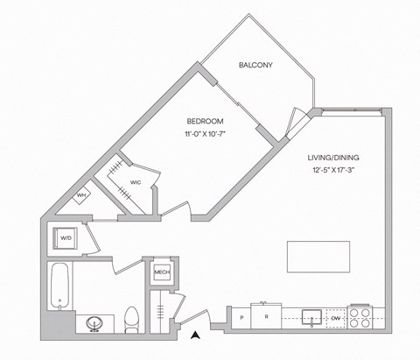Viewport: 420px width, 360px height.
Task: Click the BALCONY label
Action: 256,65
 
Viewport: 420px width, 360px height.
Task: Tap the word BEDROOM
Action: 204,121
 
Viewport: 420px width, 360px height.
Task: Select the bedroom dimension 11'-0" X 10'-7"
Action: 204,135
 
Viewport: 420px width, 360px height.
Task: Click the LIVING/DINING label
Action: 333,158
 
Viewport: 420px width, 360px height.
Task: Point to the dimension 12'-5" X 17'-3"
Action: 333,172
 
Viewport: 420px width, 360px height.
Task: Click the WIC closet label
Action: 136,182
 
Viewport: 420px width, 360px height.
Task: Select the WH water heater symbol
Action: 80,194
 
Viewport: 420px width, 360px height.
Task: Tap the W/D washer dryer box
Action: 66,238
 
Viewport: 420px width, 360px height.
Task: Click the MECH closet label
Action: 162,272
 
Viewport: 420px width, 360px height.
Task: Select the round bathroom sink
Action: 94,323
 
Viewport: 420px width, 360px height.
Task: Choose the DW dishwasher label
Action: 336,317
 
